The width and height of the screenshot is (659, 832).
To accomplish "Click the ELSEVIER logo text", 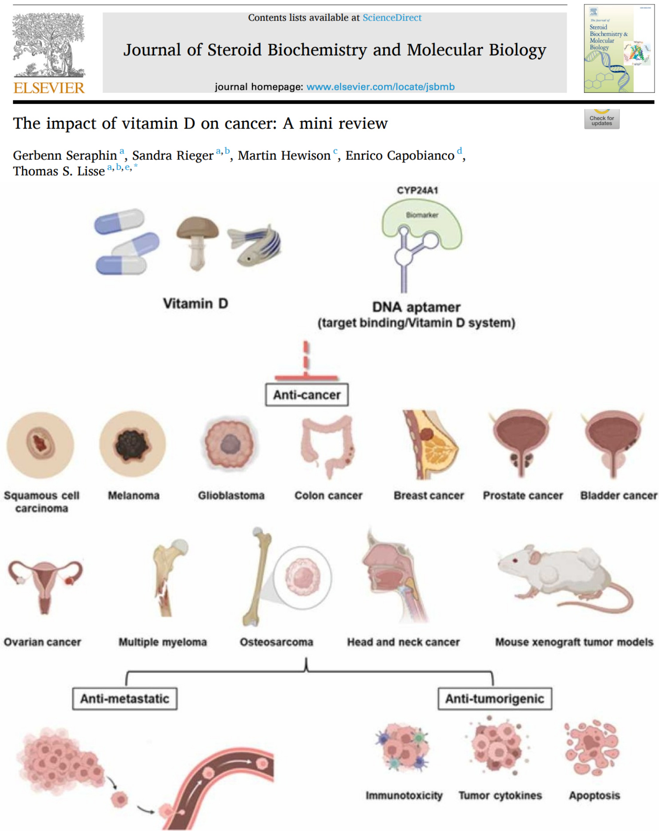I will point(49,88).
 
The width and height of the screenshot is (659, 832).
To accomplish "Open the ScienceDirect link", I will point(392,18).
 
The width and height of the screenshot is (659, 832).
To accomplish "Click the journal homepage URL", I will point(380,87).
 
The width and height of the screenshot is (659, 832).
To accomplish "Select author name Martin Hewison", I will point(284,156).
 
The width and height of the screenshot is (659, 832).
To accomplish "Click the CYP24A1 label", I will point(417,191).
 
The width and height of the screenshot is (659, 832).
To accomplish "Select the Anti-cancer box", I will point(306,395).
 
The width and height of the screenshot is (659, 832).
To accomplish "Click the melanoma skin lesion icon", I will point(132,444).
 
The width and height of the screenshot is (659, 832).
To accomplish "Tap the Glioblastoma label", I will point(231,496).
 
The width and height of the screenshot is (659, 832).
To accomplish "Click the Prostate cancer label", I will point(523,496).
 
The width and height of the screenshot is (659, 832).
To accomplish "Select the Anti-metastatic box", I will point(125,699).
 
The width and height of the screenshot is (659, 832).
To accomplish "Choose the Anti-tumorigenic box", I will point(494,699).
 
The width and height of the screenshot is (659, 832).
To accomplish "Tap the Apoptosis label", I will point(594,796).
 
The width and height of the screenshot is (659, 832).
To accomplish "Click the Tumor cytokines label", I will point(500,796).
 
